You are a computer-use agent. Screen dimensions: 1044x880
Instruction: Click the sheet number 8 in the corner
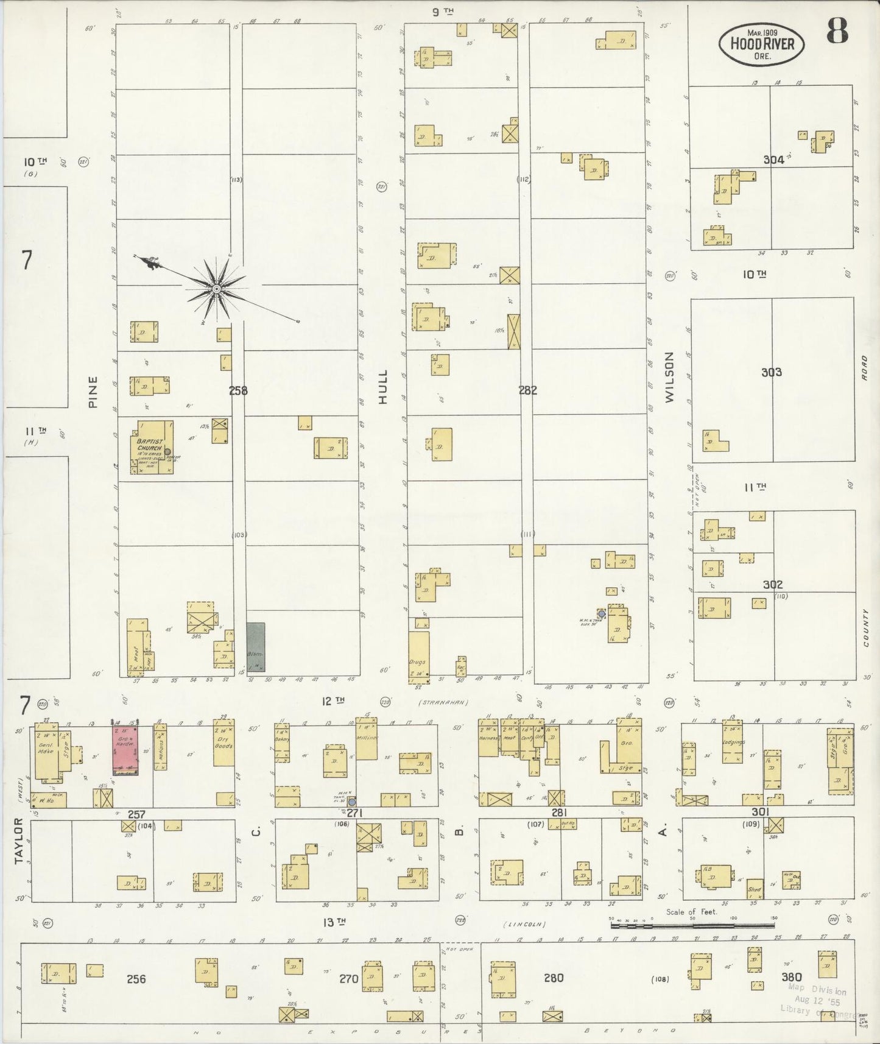[837, 32]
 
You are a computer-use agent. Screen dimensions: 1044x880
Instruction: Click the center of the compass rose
[216, 288]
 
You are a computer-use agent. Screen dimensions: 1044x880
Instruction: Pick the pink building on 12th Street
[125, 749]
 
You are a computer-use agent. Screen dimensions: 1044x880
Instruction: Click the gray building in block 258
[256, 649]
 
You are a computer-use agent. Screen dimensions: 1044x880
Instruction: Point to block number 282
[527, 390]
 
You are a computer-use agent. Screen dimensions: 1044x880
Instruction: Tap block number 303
[771, 372]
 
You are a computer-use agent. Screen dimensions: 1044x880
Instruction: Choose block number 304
[773, 160]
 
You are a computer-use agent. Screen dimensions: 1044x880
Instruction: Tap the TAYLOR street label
[19, 840]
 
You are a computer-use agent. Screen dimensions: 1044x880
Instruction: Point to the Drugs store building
[418, 657]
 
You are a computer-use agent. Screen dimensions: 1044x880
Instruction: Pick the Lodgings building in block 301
[733, 742]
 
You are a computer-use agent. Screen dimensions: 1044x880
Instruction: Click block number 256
[136, 979]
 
